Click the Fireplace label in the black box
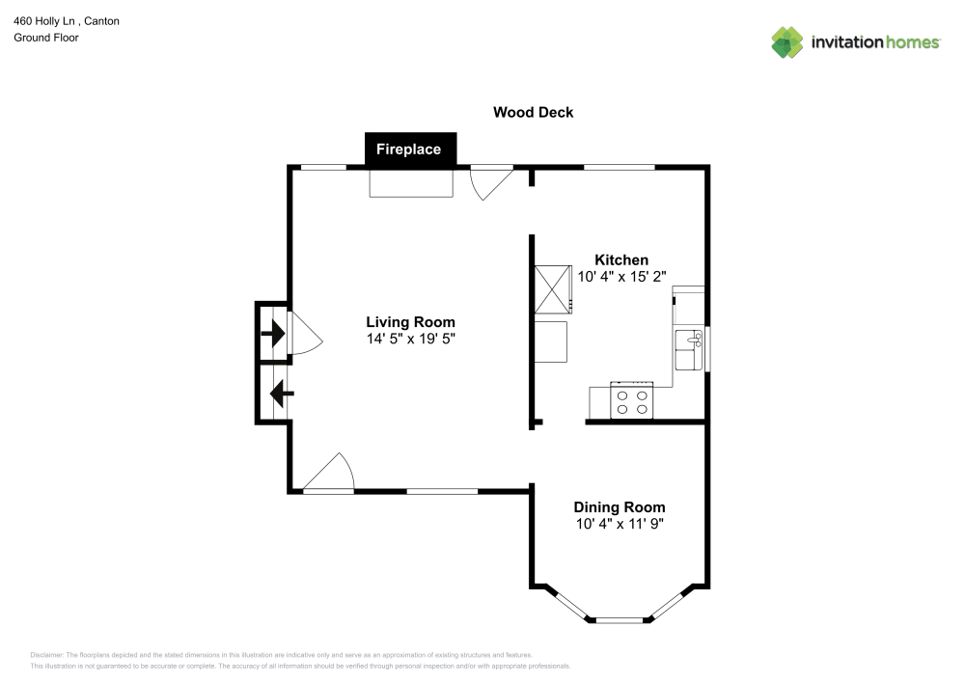[x=408, y=150]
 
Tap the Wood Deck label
[x=533, y=112]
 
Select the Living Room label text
[x=410, y=322]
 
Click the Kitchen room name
[x=620, y=259]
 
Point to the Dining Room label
[x=619, y=507]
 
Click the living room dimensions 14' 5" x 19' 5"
[x=410, y=339]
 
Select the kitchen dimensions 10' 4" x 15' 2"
[x=620, y=276]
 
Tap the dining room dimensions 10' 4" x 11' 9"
[x=619, y=524]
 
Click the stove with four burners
[x=632, y=401]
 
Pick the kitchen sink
[x=689, y=350]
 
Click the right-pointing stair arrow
[x=273, y=334]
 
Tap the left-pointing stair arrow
[x=281, y=394]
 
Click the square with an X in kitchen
[x=553, y=288]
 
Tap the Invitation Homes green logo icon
[x=786, y=42]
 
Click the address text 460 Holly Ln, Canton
[x=67, y=20]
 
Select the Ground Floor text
[x=46, y=38]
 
